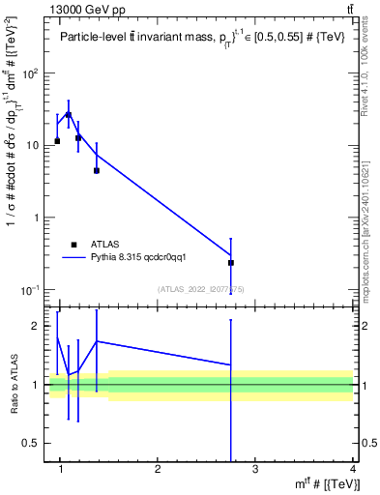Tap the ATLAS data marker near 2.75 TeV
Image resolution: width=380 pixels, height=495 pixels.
tap(231, 262)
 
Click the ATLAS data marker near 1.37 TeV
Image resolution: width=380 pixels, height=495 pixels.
tap(97, 170)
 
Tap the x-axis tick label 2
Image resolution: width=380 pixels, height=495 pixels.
tap(158, 470)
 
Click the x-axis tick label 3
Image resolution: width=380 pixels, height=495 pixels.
tap(255, 470)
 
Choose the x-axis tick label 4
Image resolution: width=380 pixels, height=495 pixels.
tap(353, 470)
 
